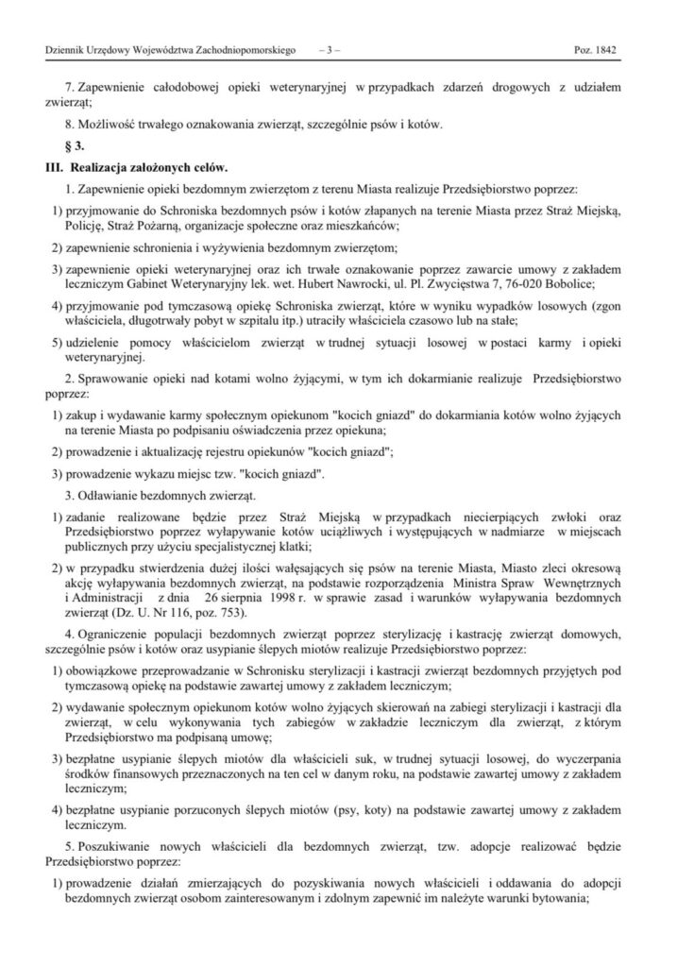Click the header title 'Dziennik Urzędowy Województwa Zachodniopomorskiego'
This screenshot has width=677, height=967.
pos(163,44)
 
